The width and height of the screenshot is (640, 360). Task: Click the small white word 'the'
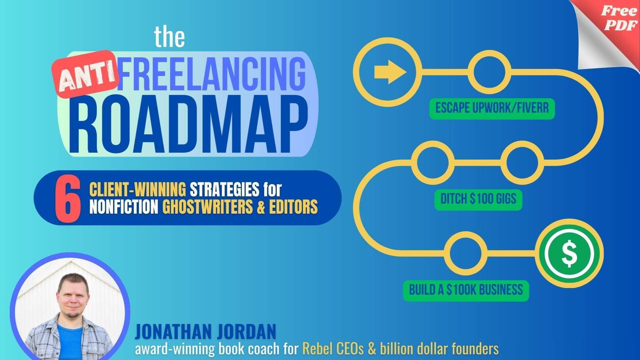[x=169, y=37]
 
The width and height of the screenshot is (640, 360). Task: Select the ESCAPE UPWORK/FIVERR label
[x=492, y=108]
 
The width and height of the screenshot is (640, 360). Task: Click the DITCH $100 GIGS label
[x=478, y=199]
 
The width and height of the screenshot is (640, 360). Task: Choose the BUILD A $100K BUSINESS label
[x=466, y=290]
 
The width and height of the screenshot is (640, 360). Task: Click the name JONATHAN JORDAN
[x=205, y=332]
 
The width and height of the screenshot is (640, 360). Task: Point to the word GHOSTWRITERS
[x=207, y=207]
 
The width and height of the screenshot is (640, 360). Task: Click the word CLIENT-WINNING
[x=138, y=190]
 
